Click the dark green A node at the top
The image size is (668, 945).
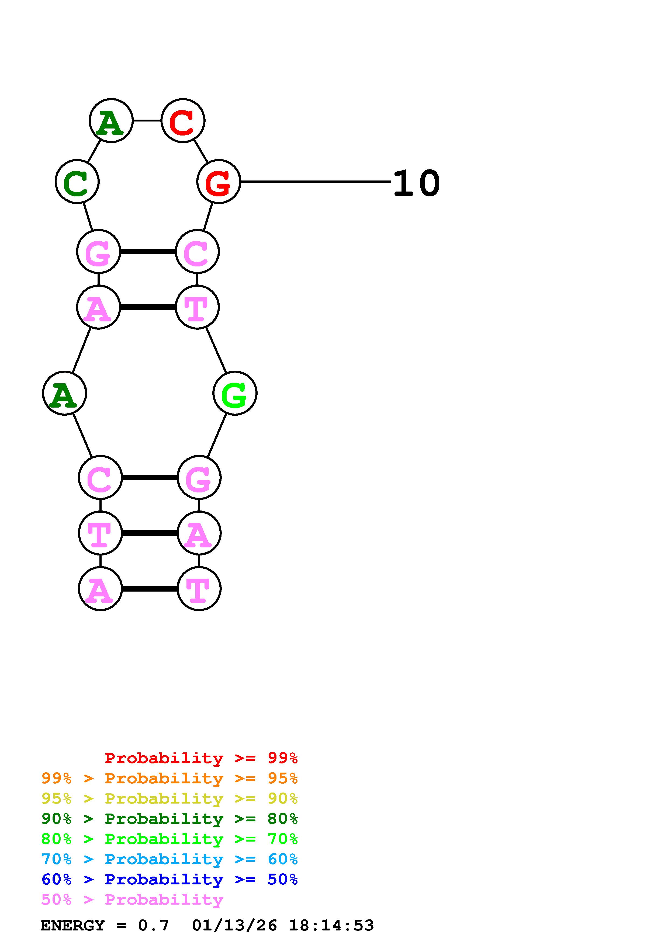(111, 121)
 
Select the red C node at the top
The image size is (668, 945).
(183, 121)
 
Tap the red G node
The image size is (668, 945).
(218, 182)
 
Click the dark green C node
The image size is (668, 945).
(77, 182)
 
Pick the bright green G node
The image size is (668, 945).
(235, 393)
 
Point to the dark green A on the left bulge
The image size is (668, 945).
(65, 393)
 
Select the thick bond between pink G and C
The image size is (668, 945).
(147, 252)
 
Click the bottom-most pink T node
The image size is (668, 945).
(199, 589)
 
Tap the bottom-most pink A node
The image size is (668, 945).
(100, 589)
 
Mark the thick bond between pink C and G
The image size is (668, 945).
(149, 477)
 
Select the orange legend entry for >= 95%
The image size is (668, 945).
(169, 778)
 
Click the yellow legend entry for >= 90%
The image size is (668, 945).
(169, 798)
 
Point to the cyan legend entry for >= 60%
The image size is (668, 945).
(169, 859)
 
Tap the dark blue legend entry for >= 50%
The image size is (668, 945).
(169, 879)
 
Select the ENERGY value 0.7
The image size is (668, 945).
(154, 926)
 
